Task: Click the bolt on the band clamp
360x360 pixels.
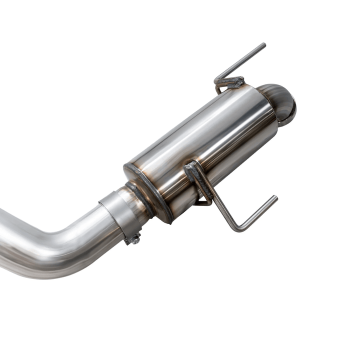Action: (x=134, y=239)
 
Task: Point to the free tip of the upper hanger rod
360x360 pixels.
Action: (x=263, y=45)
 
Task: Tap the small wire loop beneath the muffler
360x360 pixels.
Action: (x=203, y=202)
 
